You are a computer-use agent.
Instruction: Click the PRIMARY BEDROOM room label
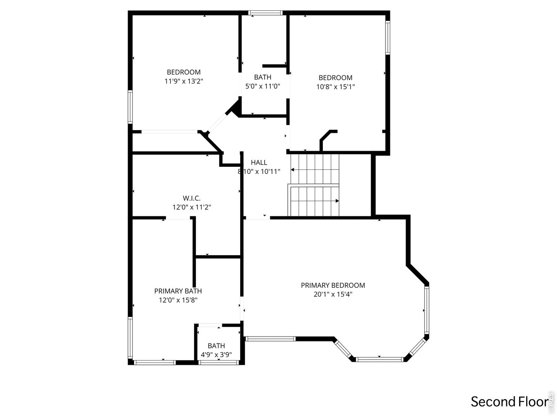[333, 285]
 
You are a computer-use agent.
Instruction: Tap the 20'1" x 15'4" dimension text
[333, 294]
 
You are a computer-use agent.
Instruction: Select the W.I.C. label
[191, 198]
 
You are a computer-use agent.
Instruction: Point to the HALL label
[259, 162]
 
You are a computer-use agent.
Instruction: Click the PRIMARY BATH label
[178, 291]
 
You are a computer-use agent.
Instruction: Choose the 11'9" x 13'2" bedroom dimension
[184, 81]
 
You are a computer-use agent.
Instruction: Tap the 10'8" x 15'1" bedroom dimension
[336, 87]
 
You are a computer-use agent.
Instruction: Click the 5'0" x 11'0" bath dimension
[262, 86]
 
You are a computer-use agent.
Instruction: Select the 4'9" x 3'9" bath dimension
[216, 355]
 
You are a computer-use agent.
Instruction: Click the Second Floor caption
[508, 401]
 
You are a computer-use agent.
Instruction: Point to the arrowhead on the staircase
[337, 201]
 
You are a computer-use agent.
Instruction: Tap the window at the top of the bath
[265, 13]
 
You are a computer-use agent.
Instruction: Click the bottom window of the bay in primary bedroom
[379, 359]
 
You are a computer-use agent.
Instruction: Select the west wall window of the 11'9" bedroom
[130, 106]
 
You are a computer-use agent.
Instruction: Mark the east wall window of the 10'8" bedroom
[387, 38]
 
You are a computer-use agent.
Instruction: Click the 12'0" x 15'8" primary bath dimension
[178, 300]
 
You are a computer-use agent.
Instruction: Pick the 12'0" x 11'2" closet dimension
[192, 208]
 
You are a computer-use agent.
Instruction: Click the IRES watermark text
[551, 401]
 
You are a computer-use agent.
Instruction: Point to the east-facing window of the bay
[427, 309]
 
